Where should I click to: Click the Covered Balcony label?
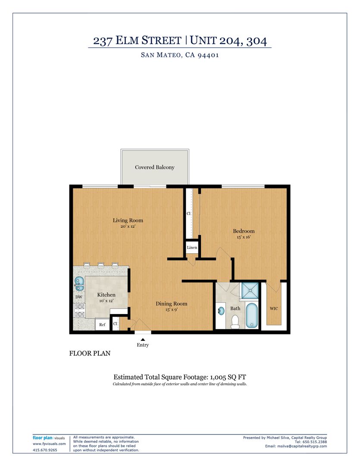tap(154, 167)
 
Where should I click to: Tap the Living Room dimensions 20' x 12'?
tap(128, 227)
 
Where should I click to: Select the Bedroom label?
tap(244, 231)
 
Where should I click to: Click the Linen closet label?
tap(192, 247)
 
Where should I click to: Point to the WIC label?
tap(274, 309)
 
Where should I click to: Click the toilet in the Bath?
tap(235, 322)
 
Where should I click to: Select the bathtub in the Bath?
tap(252, 315)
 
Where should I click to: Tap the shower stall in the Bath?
tap(250, 291)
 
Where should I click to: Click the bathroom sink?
tap(221, 311)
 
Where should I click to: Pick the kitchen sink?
tap(79, 284)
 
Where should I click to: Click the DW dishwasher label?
tap(79, 297)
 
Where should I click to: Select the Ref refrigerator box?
tap(102, 324)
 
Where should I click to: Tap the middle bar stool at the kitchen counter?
tap(101, 265)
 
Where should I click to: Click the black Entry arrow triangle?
tap(143, 340)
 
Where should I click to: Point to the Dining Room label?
tap(172, 303)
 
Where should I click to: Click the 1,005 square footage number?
tap(218, 377)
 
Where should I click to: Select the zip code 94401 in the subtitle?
tap(208, 55)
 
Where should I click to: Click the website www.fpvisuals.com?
tap(49, 444)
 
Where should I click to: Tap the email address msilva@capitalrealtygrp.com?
tap(302, 446)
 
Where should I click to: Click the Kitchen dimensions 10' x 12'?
tap(106, 301)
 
